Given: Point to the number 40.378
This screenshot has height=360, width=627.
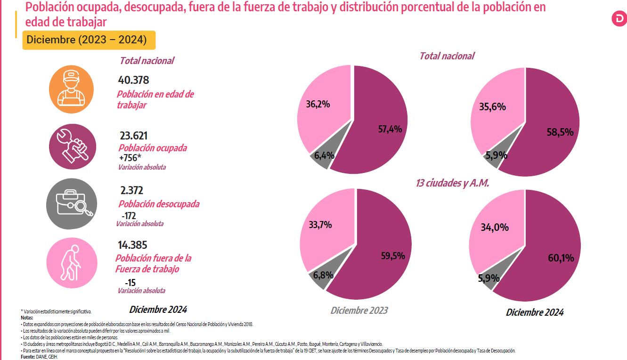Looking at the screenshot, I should click(x=133, y=81).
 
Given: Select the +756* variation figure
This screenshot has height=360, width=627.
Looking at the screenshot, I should click(x=131, y=158).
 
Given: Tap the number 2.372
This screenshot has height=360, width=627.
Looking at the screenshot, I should click(x=131, y=190).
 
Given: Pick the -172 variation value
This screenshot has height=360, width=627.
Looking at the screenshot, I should click(x=129, y=216).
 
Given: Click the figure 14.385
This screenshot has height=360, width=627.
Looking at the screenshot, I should click(x=132, y=245).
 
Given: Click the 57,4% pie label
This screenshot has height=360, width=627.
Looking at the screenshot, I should click(x=390, y=129).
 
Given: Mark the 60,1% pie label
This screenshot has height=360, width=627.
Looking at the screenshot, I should click(x=561, y=258).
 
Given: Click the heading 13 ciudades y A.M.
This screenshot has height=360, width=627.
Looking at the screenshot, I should click(x=453, y=183).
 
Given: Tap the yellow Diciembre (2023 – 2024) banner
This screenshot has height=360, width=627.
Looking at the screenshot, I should click(x=89, y=40).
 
